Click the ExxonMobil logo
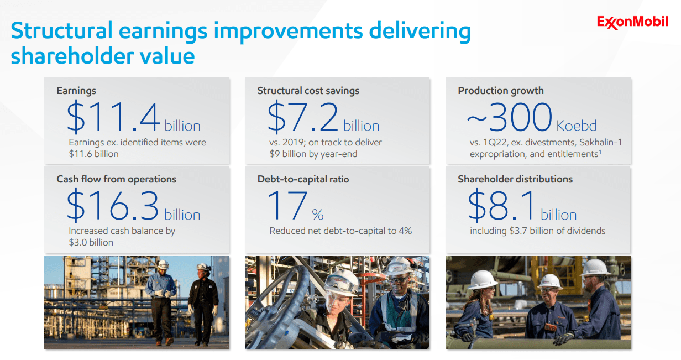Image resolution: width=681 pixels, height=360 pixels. (x=632, y=22)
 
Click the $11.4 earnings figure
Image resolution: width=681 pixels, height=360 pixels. (x=113, y=117)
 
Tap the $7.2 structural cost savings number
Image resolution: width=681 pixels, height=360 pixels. (x=302, y=117)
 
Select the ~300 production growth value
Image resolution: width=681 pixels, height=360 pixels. (x=510, y=117)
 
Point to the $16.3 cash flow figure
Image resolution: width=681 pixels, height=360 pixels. (x=113, y=205)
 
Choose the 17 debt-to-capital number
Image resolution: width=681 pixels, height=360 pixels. (x=287, y=205)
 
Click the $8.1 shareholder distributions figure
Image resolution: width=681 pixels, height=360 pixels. (x=501, y=205)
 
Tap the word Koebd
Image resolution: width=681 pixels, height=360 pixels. (x=577, y=126)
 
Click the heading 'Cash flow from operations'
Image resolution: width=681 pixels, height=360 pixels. (x=117, y=179)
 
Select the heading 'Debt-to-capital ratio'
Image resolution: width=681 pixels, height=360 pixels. (x=303, y=179)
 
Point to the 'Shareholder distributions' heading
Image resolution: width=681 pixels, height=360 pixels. (x=515, y=179)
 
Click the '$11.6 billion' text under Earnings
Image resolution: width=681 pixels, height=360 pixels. (x=93, y=154)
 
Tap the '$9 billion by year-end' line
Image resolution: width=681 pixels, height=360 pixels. (x=313, y=154)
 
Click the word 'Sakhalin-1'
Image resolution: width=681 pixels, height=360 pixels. (x=601, y=142)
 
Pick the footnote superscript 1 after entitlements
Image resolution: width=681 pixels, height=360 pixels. (x=600, y=152)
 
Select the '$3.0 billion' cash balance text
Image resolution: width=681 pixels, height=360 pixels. (x=91, y=243)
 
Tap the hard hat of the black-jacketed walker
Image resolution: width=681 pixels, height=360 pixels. (x=203, y=267)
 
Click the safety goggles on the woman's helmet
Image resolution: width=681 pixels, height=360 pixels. (x=339, y=284)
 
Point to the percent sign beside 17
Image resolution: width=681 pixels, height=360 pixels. (x=318, y=215)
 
